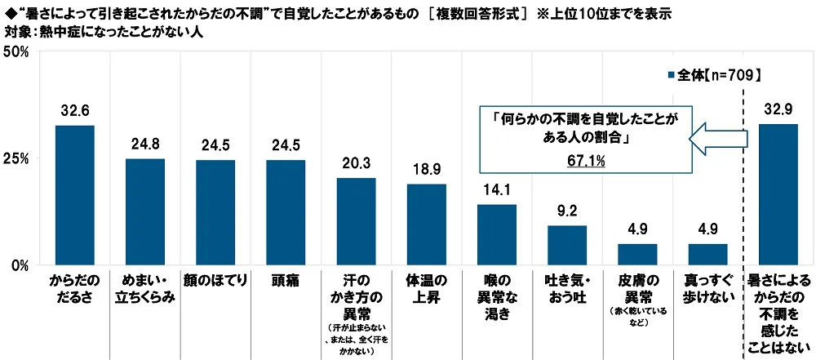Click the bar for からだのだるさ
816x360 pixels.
74,196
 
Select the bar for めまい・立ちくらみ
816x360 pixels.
144,212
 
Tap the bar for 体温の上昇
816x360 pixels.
426,225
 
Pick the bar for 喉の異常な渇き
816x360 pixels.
496,235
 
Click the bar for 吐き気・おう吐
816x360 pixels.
567,246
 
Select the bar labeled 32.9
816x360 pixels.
778,195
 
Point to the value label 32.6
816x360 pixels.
74,109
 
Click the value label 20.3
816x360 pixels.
356,162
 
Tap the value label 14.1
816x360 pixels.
496,189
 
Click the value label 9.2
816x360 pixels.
567,210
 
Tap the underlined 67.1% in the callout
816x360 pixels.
586,162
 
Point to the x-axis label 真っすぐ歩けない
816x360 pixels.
707,288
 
